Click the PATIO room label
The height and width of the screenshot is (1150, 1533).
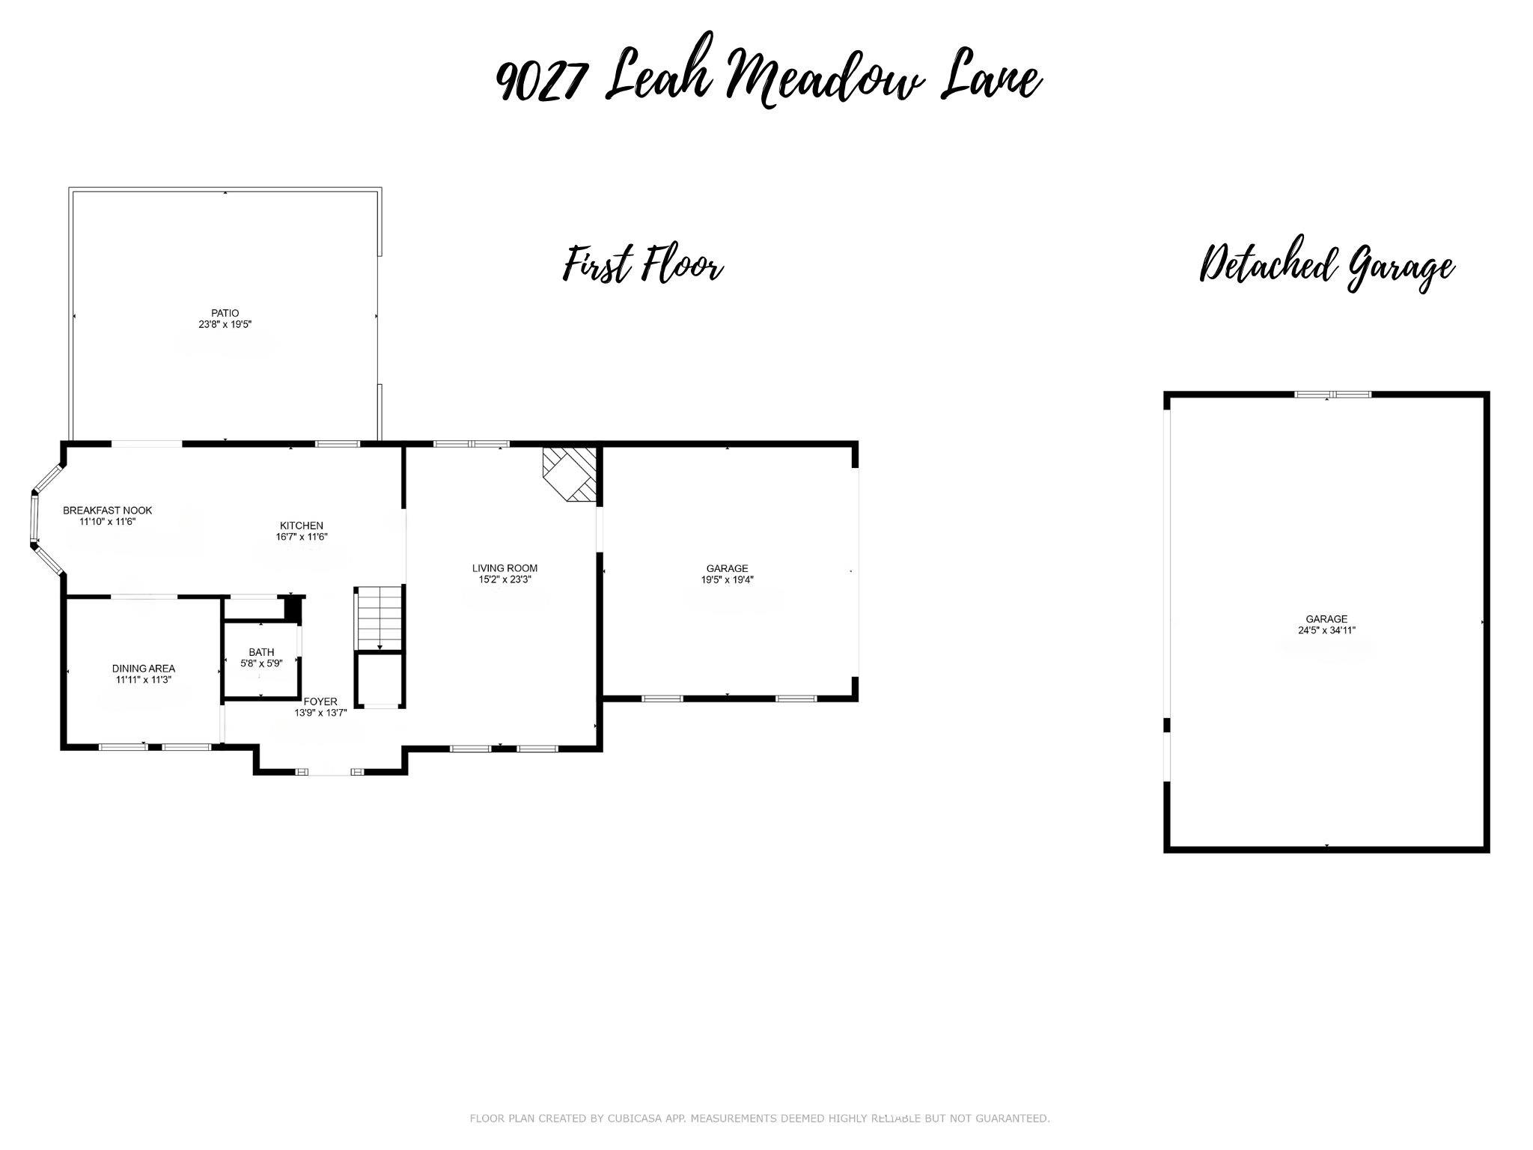pyautogui.click(x=225, y=313)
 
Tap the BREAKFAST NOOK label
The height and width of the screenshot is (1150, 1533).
pyautogui.click(x=108, y=511)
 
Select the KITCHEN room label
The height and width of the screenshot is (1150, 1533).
pyautogui.click(x=302, y=526)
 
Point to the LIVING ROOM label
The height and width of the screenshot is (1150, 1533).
pyautogui.click(x=505, y=568)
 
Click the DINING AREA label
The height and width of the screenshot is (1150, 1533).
pyautogui.click(x=144, y=669)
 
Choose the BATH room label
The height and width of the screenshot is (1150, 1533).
pyautogui.click(x=261, y=652)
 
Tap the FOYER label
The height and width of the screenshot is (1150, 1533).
pyautogui.click(x=320, y=702)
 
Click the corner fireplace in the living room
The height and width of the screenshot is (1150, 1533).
pyautogui.click(x=570, y=475)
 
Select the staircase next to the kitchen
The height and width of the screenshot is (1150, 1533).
pyautogui.click(x=380, y=619)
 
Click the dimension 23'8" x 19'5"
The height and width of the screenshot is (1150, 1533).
pyautogui.click(x=225, y=324)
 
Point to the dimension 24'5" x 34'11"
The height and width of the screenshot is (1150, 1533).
pyautogui.click(x=1327, y=630)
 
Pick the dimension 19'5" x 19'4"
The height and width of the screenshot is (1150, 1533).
pyautogui.click(x=727, y=579)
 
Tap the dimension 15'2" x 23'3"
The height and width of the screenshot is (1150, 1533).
pyautogui.click(x=505, y=579)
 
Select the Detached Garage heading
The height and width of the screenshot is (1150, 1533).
pyautogui.click(x=1326, y=266)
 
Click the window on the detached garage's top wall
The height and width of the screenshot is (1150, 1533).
pyautogui.click(x=1333, y=395)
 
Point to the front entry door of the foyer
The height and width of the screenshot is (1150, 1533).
pyautogui.click(x=330, y=771)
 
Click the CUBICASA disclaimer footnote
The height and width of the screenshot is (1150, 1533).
pyautogui.click(x=760, y=1119)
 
